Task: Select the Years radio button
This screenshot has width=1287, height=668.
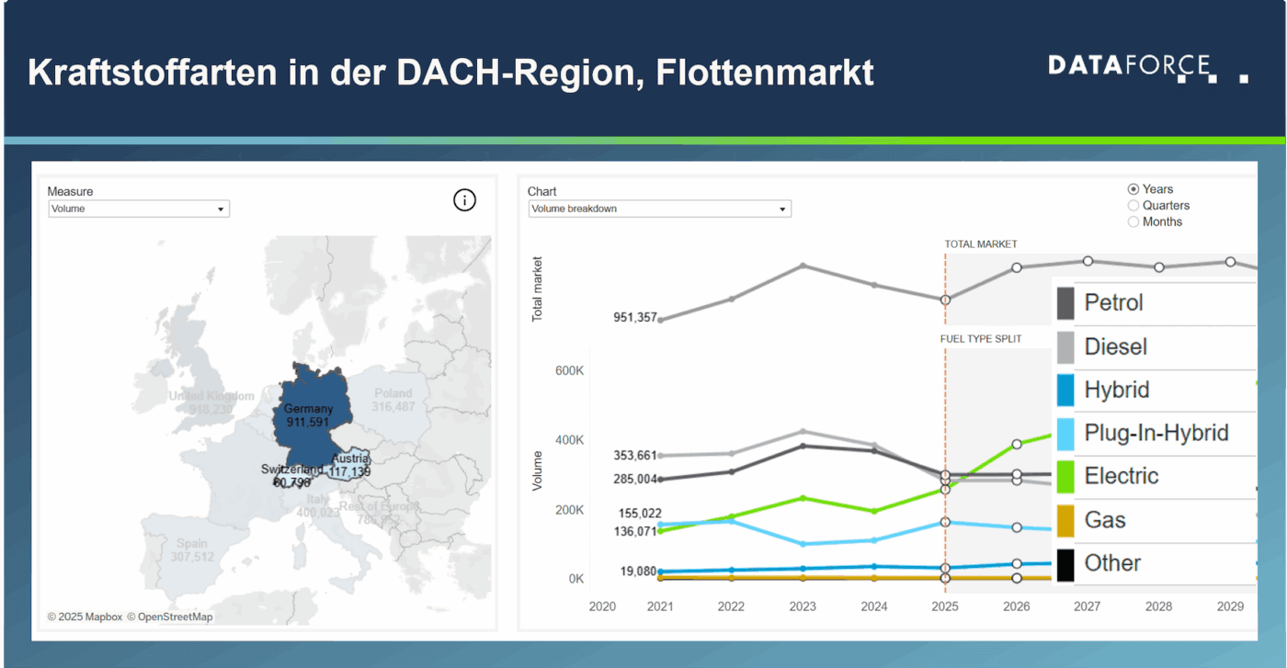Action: [1133, 189]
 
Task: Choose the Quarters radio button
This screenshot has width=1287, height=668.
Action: [1133, 206]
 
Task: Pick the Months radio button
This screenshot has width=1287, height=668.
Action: [1133, 222]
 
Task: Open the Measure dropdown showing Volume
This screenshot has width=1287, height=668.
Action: [138, 209]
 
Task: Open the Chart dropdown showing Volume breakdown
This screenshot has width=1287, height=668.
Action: [659, 209]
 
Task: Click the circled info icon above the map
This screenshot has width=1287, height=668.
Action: [465, 200]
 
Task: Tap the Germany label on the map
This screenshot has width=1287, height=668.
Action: [308, 409]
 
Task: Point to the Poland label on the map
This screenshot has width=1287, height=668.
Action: [393, 393]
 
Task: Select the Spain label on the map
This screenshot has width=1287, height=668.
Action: [192, 544]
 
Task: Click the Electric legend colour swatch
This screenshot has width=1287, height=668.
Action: [1065, 477]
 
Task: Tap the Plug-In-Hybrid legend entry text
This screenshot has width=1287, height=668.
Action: [1156, 433]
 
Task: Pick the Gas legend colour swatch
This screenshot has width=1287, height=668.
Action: [1065, 521]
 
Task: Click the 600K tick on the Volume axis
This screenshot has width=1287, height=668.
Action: [569, 370]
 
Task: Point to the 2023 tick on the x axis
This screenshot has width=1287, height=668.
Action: [803, 606]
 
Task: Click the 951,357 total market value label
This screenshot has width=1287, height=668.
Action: [635, 318]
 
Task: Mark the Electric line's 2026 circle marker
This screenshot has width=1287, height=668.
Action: [1017, 445]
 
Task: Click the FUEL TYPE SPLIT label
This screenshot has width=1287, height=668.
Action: [981, 339]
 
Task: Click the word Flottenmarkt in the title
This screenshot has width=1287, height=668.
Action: [765, 73]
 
